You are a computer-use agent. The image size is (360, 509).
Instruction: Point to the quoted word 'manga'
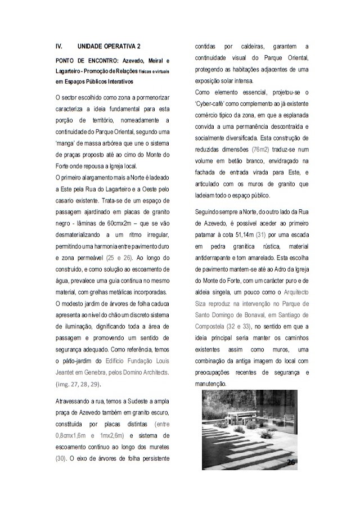coord(66,143)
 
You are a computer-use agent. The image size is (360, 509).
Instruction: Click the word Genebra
coord(101,372)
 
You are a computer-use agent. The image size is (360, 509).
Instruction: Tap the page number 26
coord(291,461)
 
